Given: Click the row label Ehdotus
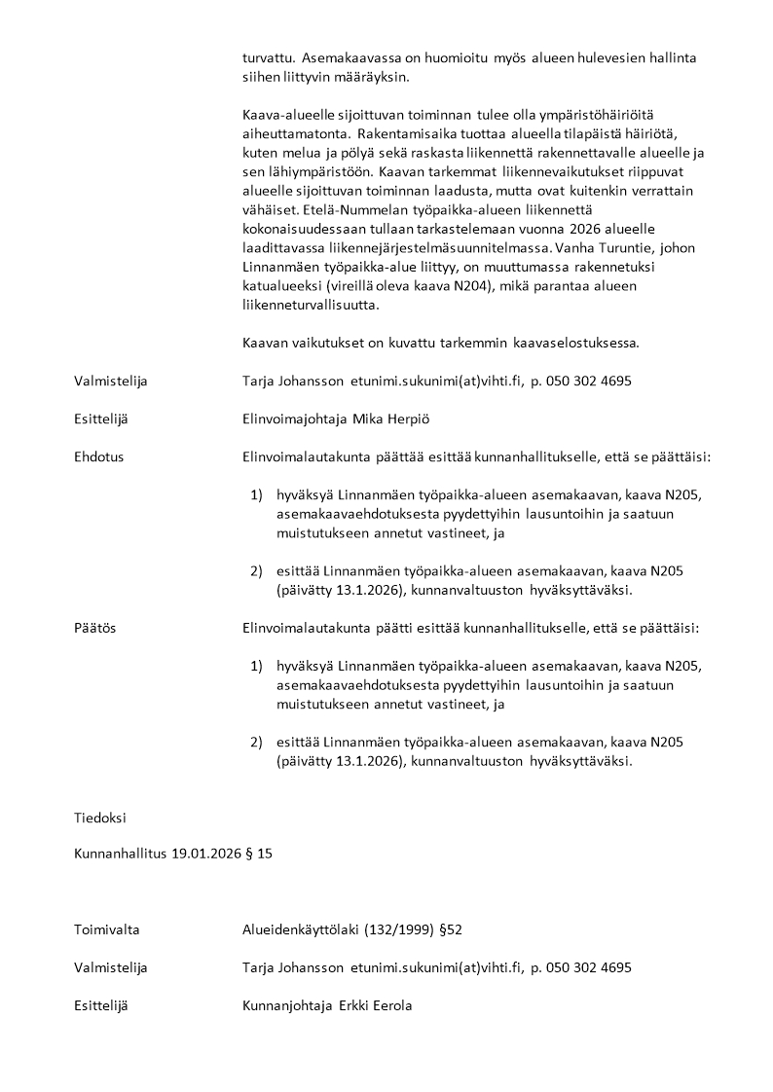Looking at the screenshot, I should point(98,455).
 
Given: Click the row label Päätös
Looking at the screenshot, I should point(94,628).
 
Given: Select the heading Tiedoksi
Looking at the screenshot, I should point(99,818).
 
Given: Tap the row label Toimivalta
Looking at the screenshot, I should point(106,929).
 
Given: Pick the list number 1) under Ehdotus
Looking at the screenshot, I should point(257,494).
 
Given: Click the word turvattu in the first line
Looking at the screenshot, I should point(268,57).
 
